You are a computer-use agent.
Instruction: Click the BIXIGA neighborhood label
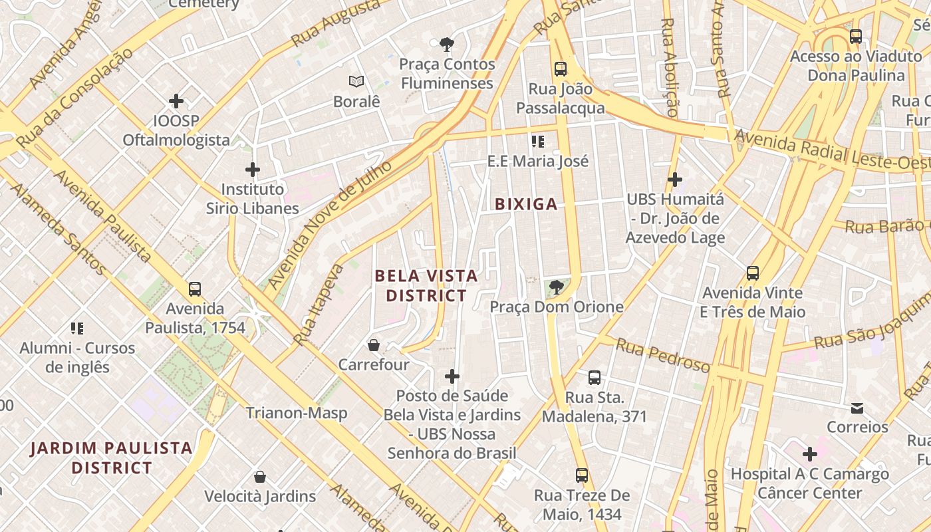[x=526, y=204]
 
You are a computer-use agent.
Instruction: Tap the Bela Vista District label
[x=426, y=285]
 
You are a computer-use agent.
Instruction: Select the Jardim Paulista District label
[x=112, y=458]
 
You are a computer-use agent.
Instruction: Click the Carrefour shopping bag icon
[x=374, y=345]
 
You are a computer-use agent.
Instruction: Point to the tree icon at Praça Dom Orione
[x=556, y=287]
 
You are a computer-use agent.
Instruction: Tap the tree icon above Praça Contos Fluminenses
[x=447, y=45]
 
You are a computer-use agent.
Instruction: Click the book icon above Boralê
[x=356, y=82]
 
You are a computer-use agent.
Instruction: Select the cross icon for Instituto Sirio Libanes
[x=253, y=170]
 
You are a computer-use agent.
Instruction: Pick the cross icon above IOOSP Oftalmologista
[x=176, y=101]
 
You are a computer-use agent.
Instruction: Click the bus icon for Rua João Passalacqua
[x=561, y=68]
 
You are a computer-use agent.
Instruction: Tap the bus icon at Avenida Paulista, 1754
[x=195, y=289]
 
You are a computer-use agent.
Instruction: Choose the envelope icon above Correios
[x=857, y=408]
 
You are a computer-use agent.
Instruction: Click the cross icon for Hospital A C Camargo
[x=809, y=454]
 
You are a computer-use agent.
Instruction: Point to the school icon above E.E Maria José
[x=538, y=141]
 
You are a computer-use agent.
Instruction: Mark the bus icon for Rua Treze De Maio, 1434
[x=582, y=475]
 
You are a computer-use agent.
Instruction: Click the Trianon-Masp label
[x=297, y=413]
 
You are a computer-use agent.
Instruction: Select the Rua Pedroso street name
[x=662, y=356]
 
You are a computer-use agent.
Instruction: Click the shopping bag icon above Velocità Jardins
[x=260, y=477]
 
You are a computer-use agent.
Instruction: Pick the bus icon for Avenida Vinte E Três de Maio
[x=753, y=273]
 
